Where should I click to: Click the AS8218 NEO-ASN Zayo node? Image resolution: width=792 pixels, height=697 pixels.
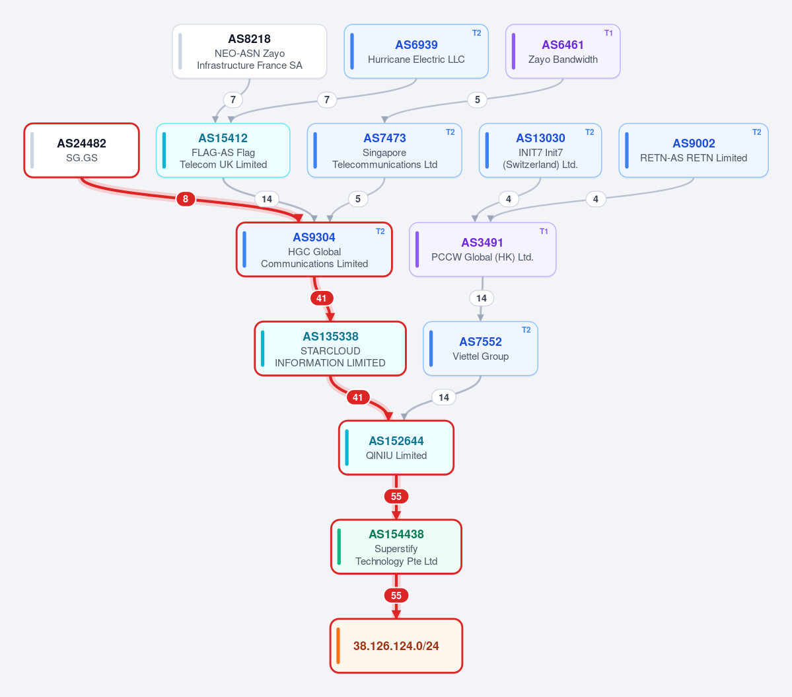[x=250, y=52]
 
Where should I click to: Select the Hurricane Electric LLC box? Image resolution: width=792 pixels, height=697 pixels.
[x=416, y=52]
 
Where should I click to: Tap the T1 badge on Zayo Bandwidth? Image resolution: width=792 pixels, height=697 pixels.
[x=608, y=33]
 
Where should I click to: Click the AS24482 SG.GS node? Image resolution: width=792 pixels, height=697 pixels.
[x=82, y=150]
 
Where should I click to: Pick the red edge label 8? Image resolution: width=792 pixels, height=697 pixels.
[x=186, y=199]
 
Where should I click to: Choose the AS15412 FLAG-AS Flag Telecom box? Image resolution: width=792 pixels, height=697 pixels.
[x=223, y=150]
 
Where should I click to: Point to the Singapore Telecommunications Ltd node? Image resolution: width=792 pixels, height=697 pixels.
[x=384, y=150]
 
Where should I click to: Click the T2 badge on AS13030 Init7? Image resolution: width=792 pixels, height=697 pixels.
[x=589, y=132]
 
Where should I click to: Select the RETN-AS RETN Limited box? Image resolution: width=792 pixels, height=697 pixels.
[x=694, y=150]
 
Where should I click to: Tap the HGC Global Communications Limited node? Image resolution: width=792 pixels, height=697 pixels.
[x=314, y=249]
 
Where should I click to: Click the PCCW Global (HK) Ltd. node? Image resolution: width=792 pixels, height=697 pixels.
[x=482, y=249]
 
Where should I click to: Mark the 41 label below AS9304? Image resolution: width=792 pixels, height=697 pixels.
[x=322, y=298]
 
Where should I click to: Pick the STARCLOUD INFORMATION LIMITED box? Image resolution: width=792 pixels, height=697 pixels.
[x=330, y=348]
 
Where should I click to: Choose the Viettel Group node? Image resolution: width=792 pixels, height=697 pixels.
[x=480, y=348]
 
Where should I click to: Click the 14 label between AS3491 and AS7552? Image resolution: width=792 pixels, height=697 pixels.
[x=482, y=298]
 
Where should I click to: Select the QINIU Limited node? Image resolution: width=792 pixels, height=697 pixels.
[x=396, y=448]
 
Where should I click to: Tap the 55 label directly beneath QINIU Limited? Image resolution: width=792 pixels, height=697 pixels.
[x=396, y=496]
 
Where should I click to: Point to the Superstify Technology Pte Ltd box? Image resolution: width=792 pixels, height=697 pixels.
[x=396, y=547]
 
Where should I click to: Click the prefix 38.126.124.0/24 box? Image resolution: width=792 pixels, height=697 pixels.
[x=396, y=646]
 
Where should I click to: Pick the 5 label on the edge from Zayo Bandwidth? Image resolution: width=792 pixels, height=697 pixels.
[x=478, y=100]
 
